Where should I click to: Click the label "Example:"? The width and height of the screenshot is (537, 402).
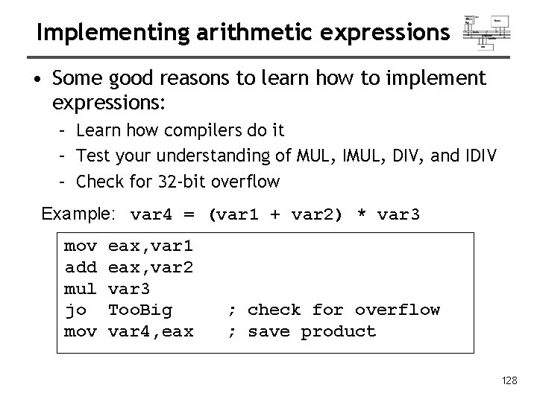tap(78, 214)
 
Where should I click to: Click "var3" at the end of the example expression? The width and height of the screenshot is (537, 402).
tap(399, 215)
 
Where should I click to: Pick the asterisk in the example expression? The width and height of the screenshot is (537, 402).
tap(361, 216)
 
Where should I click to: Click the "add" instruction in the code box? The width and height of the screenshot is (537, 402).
tap(80, 267)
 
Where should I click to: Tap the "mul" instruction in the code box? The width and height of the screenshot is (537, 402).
tap(80, 288)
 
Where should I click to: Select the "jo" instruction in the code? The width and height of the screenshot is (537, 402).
tap(75, 310)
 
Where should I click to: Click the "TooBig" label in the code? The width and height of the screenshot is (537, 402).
tap(141, 310)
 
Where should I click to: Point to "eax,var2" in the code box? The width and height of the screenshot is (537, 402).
tap(151, 267)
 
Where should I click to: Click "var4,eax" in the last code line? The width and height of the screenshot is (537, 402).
tap(151, 331)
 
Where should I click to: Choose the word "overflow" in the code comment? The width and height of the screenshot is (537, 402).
tap(397, 310)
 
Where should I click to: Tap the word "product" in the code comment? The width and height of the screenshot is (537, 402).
tap(338, 331)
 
